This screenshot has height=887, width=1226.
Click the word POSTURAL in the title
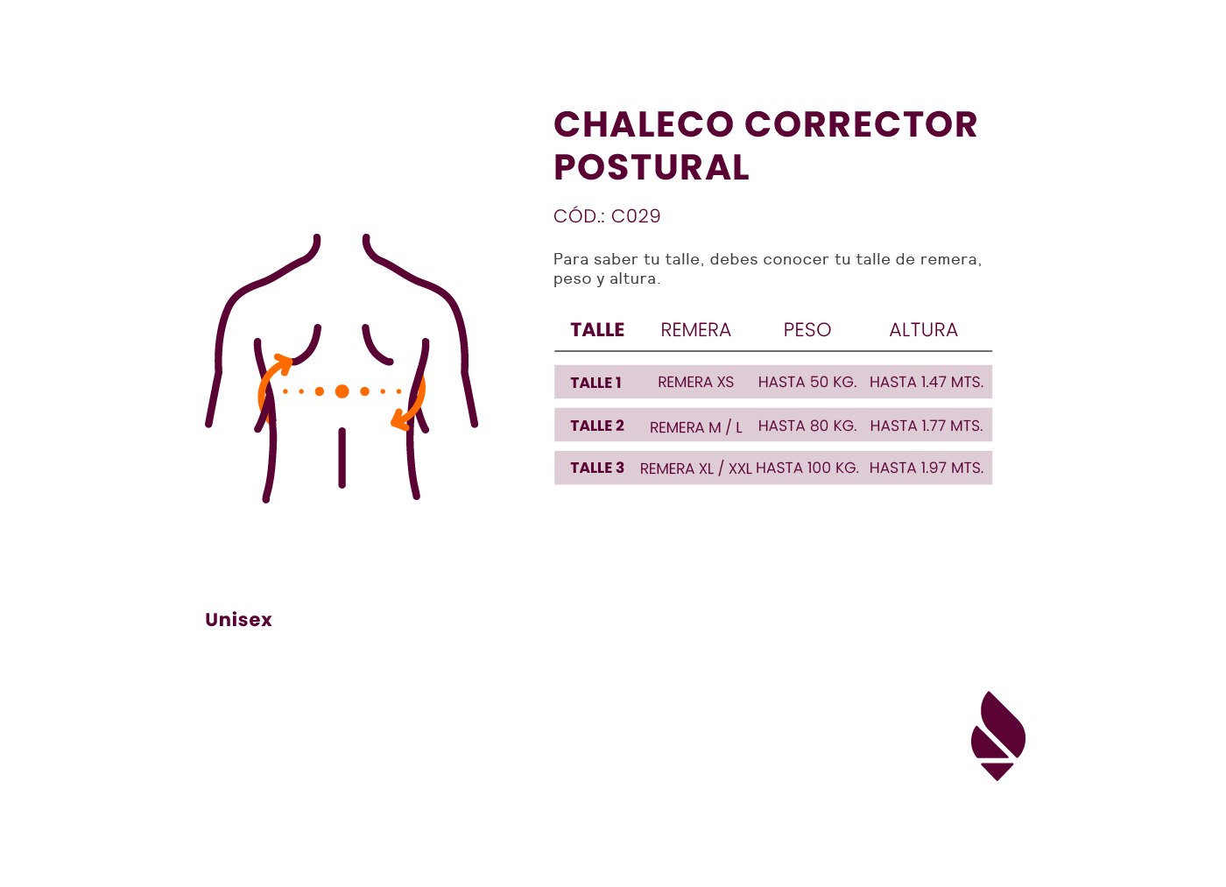coord(651,167)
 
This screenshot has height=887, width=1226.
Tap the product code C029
coord(635,216)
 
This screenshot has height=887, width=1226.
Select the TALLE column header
coord(597,330)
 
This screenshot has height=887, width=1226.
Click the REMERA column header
coord(695,330)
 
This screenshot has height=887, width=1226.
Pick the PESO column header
coord(807,330)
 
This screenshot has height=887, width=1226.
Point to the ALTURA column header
coord(923,330)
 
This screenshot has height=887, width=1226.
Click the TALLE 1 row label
coord(595,383)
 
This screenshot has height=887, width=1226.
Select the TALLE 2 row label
coord(597,426)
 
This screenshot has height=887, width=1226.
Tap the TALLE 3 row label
coord(597,468)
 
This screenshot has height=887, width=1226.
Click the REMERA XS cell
coord(695,383)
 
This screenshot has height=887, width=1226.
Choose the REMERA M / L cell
coord(695,427)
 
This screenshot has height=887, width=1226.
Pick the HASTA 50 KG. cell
coord(807,383)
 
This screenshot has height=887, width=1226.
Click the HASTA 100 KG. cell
coord(807,468)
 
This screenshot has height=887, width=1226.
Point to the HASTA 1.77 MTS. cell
coord(926,426)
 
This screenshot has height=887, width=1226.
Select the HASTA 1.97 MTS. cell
coord(926,468)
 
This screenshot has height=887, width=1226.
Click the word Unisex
coord(238,620)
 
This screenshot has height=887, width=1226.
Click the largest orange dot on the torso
coord(342,391)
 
